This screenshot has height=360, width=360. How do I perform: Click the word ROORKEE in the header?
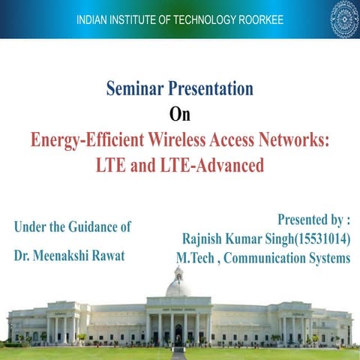point(256,18)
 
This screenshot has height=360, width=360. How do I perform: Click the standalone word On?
point(179,114)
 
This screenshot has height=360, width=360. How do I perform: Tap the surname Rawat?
point(109,255)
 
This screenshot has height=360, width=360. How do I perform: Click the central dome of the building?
point(178,286)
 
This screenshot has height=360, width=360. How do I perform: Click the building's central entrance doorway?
point(179,331)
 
